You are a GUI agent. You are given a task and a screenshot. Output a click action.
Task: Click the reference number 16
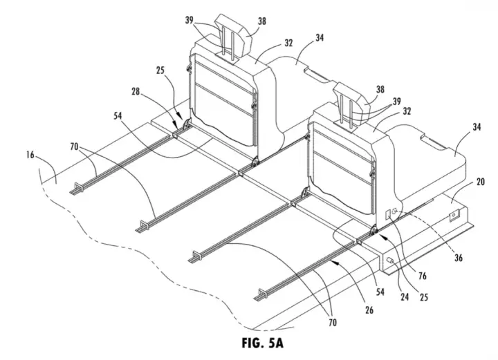[30, 155]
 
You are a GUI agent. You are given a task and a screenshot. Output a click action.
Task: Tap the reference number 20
[480, 182]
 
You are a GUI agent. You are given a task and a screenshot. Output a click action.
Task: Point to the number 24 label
[405, 296]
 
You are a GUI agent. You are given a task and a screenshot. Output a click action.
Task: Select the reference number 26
[369, 310]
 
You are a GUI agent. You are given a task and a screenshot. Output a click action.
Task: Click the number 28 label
[136, 92]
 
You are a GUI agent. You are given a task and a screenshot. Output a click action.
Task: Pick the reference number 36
[459, 258]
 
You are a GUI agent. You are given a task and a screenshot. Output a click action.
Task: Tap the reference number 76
[422, 276]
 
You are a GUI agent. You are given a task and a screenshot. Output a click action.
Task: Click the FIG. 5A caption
[262, 343]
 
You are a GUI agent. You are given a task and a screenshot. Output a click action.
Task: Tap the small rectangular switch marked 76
[388, 214]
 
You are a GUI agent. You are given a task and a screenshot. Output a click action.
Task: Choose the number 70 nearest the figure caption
[332, 323]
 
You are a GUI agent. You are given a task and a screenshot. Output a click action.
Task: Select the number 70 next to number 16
[75, 146]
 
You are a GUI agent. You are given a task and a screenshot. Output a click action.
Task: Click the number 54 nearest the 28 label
[118, 116]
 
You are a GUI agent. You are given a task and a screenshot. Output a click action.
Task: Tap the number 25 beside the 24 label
[424, 296]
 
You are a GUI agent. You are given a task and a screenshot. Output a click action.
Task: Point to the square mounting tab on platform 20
[454, 216]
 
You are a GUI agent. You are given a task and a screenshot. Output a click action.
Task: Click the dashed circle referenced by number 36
[394, 210]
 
